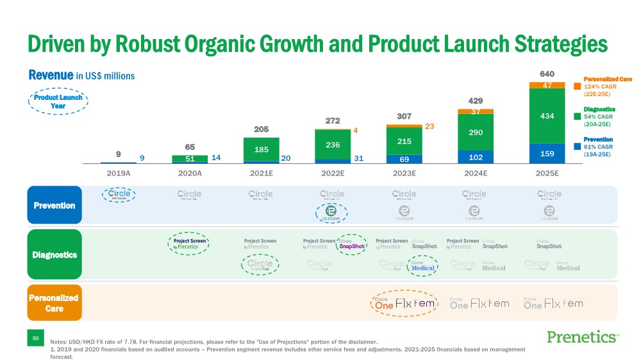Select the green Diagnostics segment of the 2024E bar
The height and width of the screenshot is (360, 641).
tap(476, 132)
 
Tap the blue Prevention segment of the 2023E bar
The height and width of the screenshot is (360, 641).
tap(404, 159)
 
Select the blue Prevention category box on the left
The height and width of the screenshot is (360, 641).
tap(54, 205)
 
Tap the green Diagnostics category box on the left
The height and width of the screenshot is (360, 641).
tap(54, 254)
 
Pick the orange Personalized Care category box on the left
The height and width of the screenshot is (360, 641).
tap(54, 302)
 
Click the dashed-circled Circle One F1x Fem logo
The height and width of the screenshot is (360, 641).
tap(404, 302)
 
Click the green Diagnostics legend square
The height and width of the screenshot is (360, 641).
tap(578, 117)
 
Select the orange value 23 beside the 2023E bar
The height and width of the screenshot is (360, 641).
tap(429, 127)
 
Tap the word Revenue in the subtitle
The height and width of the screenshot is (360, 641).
tap(51, 75)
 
